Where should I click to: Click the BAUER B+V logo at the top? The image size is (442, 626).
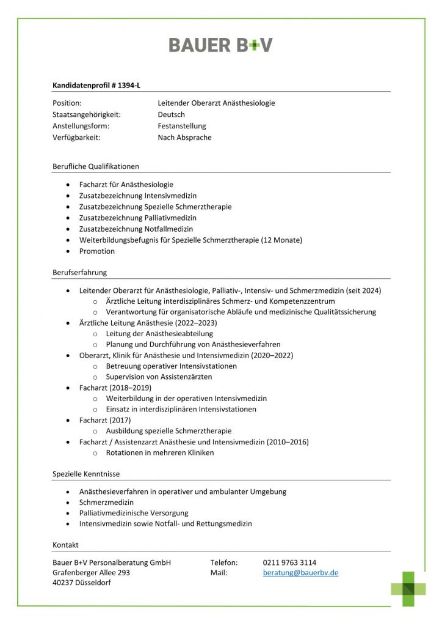(220, 45)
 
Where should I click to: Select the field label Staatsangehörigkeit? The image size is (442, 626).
(87, 114)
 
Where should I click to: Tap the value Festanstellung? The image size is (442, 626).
(182, 126)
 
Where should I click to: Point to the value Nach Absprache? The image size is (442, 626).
(184, 138)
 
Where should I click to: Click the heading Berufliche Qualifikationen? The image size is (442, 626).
(96, 166)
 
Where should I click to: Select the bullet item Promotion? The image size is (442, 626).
(97, 251)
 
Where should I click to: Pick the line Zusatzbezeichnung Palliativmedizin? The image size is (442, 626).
(138, 218)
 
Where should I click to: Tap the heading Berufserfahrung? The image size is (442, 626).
(79, 273)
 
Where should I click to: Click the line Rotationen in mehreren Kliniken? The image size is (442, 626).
(160, 453)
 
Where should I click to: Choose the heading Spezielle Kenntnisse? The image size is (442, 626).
(86, 474)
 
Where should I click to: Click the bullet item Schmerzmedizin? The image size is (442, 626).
(106, 502)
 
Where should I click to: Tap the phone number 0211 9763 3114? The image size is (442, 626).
(289, 562)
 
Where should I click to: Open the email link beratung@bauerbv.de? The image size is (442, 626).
(300, 573)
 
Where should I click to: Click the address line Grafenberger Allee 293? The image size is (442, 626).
(91, 573)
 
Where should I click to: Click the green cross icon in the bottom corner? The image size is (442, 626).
(408, 588)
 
